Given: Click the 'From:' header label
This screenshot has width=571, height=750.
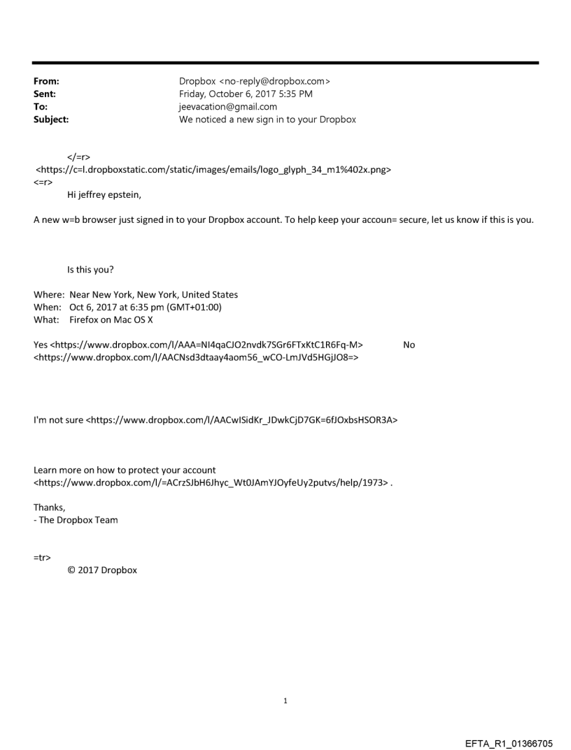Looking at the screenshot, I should (x=46, y=82).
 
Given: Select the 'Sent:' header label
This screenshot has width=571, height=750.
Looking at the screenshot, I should (x=45, y=94).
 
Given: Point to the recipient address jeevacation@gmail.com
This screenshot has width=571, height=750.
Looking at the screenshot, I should (x=228, y=107).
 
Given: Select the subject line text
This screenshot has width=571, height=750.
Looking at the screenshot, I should (x=267, y=120).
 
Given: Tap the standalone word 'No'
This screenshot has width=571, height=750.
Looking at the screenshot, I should (x=409, y=345).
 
